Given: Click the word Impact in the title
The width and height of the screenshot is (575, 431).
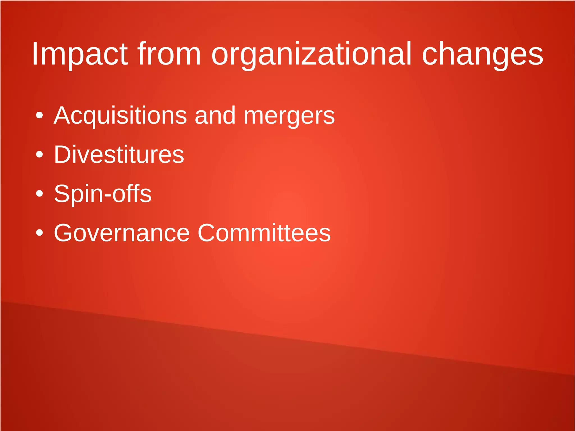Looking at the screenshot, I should [80, 54].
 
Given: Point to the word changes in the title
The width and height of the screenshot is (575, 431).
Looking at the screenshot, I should [482, 54].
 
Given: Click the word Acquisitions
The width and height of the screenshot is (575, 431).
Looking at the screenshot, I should [120, 115].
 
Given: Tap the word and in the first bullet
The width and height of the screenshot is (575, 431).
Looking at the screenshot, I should [215, 115].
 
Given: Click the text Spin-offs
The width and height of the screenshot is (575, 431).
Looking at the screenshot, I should [103, 193].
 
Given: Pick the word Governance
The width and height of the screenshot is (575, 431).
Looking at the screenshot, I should [122, 233].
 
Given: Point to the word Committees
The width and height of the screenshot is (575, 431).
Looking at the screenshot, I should [264, 233].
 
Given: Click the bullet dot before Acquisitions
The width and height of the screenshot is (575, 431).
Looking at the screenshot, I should [40, 115].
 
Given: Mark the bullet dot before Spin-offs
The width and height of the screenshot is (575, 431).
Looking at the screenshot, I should [40, 193].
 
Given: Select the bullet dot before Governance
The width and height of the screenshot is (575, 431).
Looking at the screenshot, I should [40, 233].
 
